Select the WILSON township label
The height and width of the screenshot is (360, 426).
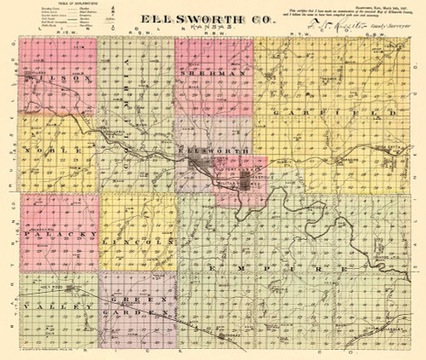[x=58, y=78]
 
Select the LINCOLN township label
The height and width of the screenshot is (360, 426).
[x=137, y=243]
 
